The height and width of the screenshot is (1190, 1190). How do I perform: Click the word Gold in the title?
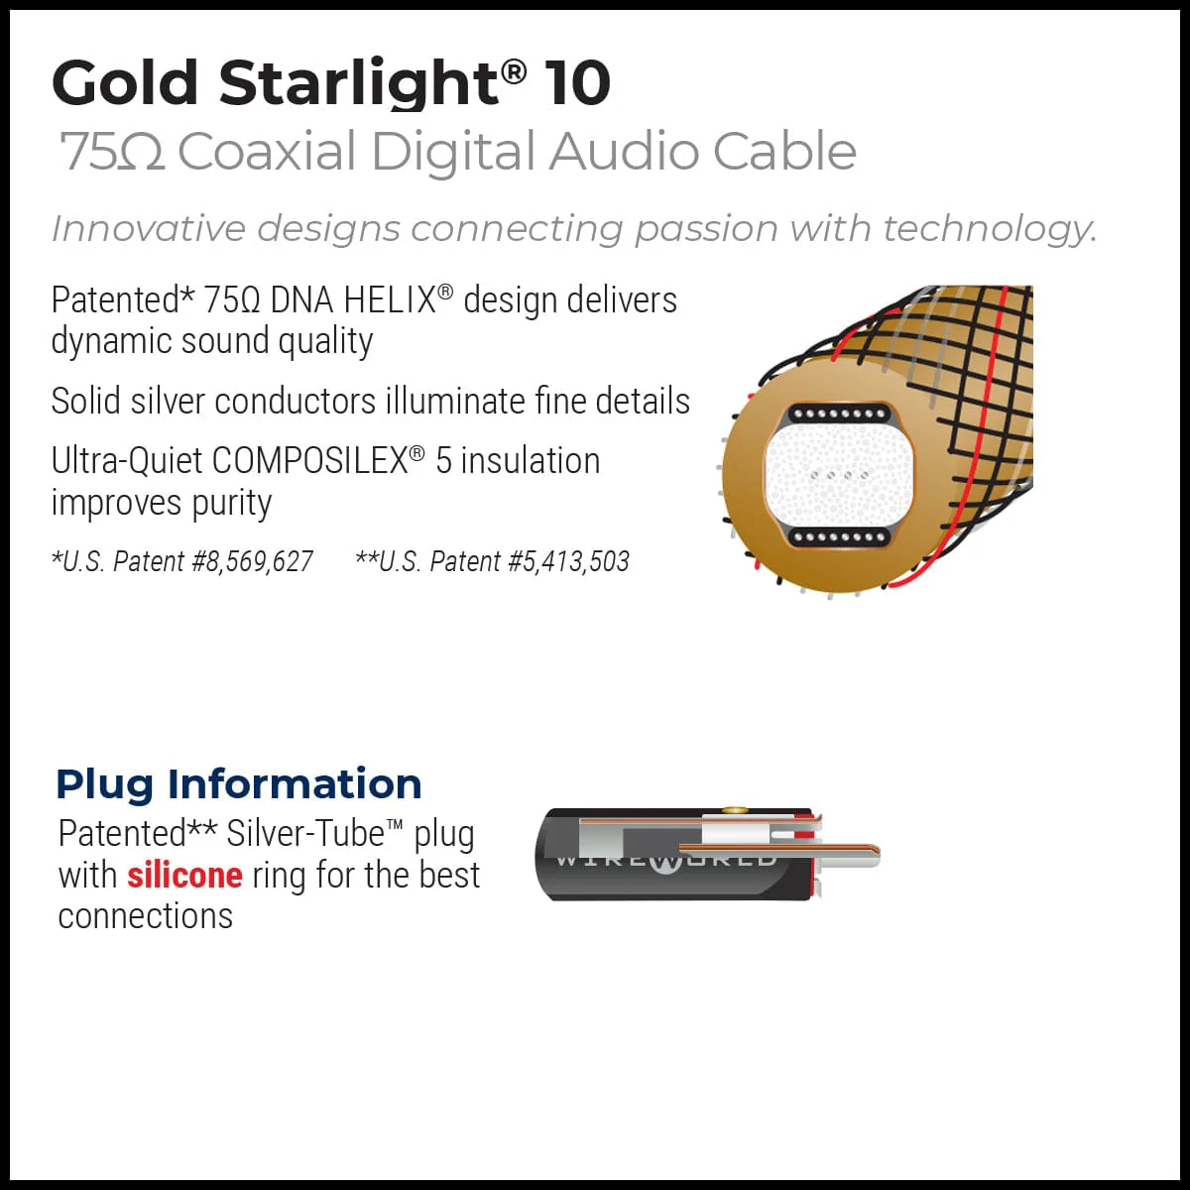click(x=126, y=82)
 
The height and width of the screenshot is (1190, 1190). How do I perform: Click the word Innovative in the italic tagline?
click(x=148, y=229)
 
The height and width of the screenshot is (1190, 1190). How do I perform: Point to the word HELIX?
click(x=390, y=300)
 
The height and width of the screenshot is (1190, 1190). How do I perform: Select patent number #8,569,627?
click(x=252, y=562)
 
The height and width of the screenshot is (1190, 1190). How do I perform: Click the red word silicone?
click(x=184, y=876)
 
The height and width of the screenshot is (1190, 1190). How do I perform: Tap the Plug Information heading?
click(x=238, y=783)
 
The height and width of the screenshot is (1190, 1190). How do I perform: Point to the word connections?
click(x=145, y=916)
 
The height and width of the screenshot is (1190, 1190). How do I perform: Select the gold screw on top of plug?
click(x=734, y=811)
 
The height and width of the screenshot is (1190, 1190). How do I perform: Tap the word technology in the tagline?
click(x=989, y=229)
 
